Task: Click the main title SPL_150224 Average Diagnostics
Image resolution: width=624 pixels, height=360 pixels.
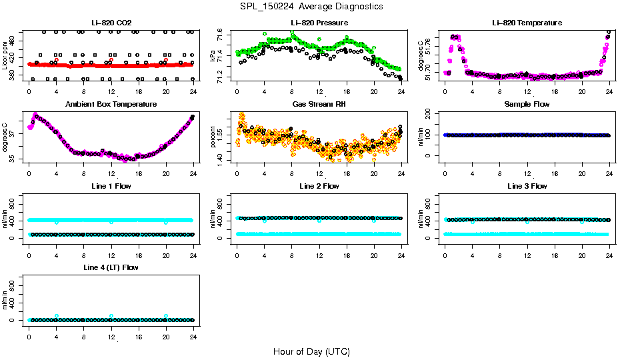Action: [x=312, y=7]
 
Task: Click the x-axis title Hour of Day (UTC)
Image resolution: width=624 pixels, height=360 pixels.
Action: [x=311, y=351]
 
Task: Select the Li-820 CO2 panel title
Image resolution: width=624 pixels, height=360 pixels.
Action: [x=111, y=23]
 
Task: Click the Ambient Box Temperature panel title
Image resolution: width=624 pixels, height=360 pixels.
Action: [x=111, y=104]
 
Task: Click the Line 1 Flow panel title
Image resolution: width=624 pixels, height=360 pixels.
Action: [x=111, y=186]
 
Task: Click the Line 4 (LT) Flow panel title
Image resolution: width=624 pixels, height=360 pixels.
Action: [x=111, y=267]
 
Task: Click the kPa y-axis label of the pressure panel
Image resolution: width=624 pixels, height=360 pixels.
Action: [x=213, y=55]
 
